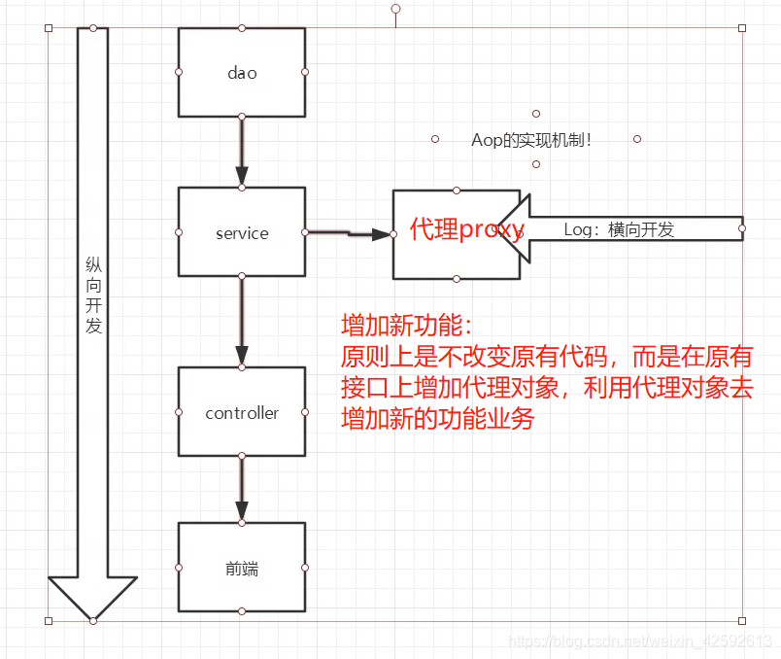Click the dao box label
tap(242, 72)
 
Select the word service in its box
tap(242, 233)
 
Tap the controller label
tap(242, 413)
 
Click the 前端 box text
tap(242, 569)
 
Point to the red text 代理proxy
tap(467, 230)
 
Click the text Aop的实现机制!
tap(531, 140)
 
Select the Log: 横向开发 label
tap(619, 229)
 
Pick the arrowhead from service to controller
tap(242, 356)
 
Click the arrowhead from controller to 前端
tap(242, 511)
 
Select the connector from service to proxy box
tap(348, 233)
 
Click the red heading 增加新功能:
tap(406, 325)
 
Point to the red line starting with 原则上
tap(546, 356)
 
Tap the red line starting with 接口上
tap(546, 388)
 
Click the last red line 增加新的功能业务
tap(437, 419)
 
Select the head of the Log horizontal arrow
tap(516, 229)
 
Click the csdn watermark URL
tap(640, 642)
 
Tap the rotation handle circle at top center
tap(395, 9)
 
